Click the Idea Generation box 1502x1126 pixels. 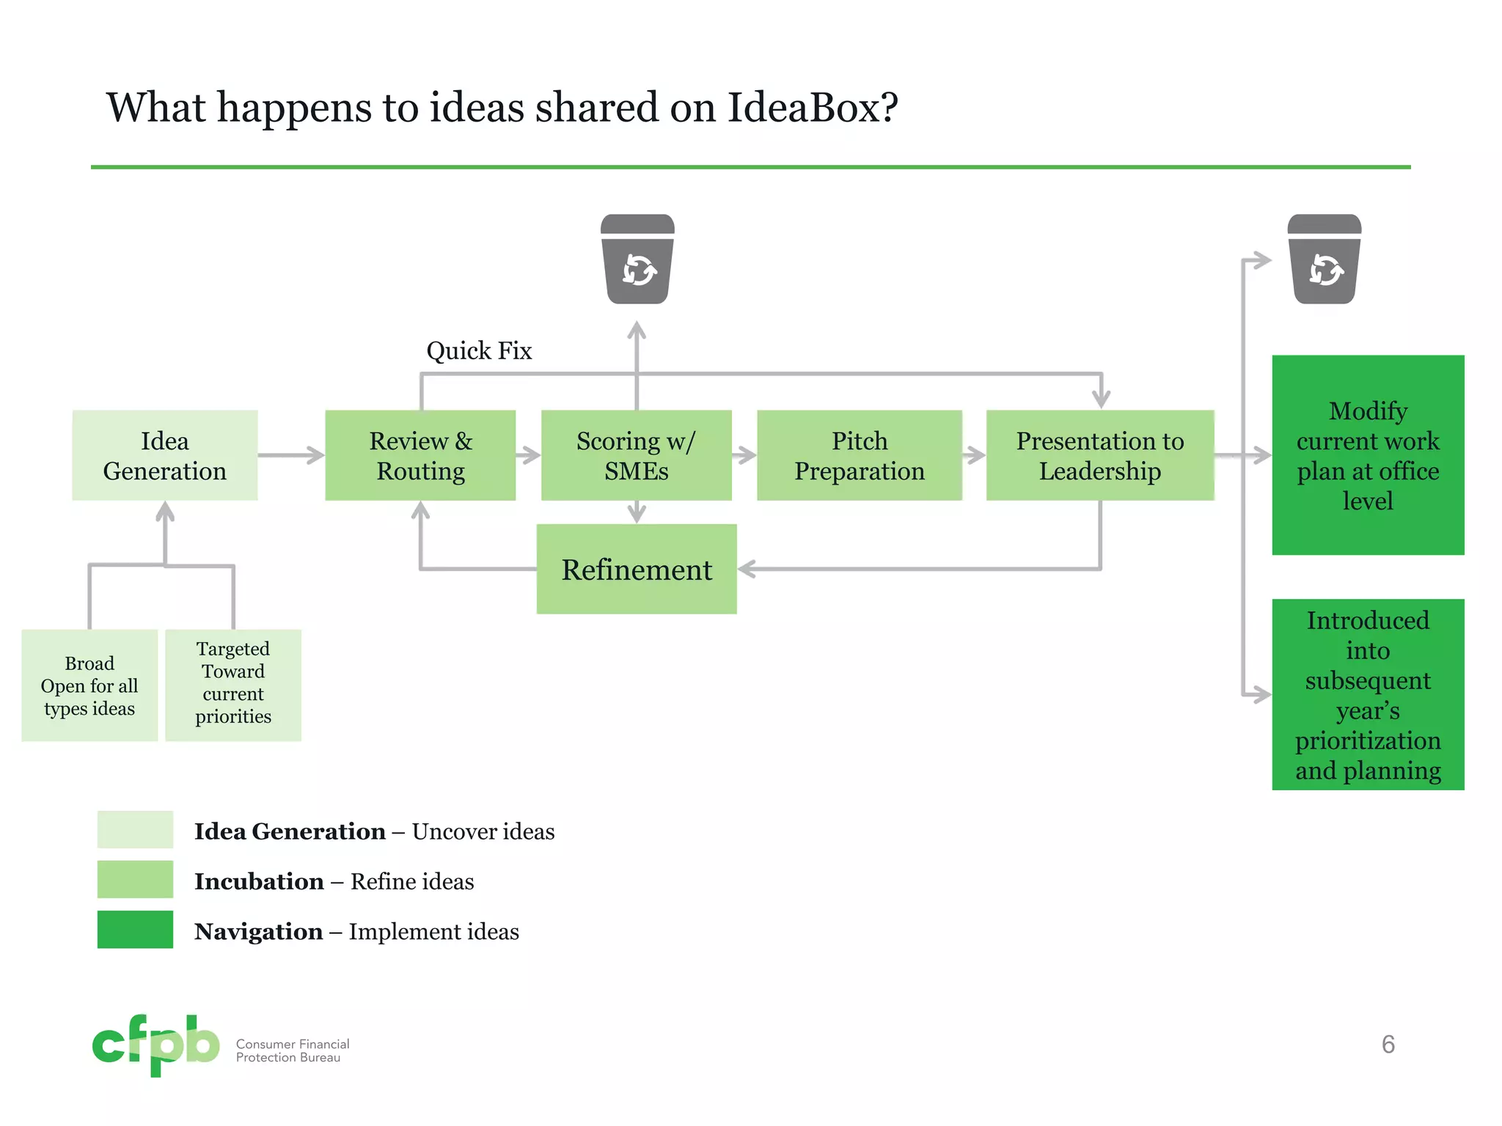165,455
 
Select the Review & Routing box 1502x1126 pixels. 420,455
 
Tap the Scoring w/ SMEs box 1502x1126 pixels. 636,455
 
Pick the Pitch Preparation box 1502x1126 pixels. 859,455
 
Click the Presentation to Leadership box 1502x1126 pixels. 1099,455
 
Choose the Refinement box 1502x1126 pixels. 636,569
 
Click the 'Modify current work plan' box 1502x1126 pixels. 1367,455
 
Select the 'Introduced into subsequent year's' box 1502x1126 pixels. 1367,694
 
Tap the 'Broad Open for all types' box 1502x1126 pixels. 89,685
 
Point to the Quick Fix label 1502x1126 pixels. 479,350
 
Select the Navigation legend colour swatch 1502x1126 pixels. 135,930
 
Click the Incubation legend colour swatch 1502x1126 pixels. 135,879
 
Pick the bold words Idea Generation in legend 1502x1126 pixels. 290,831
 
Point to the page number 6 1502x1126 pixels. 1388,1044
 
